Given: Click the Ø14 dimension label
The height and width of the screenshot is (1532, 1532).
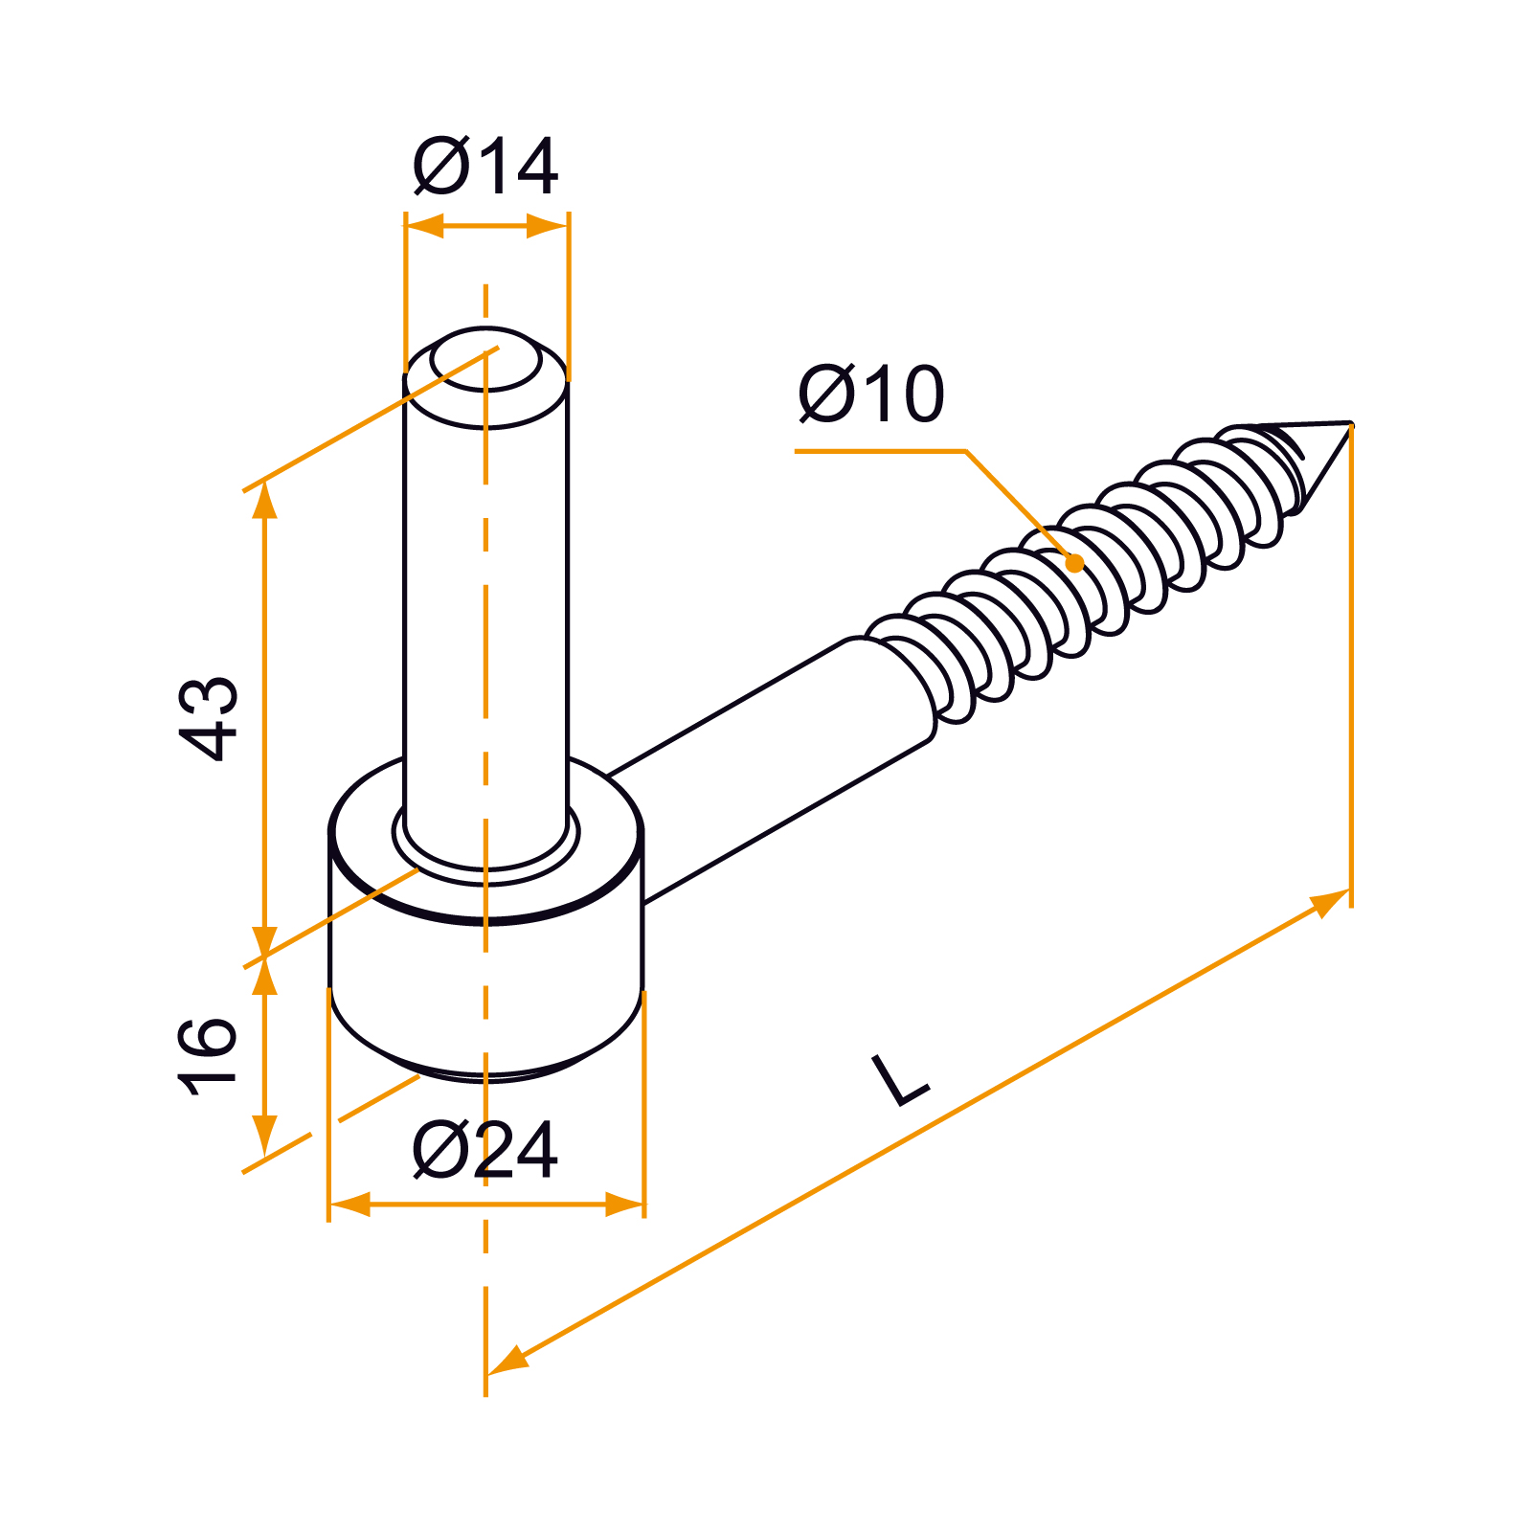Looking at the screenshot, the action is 485,167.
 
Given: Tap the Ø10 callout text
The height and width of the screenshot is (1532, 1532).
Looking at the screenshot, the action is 871,394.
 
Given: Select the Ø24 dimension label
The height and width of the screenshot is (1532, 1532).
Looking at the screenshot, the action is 485,1150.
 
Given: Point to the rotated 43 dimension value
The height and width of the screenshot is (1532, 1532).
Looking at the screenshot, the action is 209,719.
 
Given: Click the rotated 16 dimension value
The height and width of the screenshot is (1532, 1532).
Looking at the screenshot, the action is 208,1056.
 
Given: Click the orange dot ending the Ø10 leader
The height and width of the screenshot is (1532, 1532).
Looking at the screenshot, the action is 1075,563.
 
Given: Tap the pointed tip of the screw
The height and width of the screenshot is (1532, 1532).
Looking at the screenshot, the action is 1351,422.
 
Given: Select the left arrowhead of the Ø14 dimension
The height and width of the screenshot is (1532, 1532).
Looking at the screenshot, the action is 425,227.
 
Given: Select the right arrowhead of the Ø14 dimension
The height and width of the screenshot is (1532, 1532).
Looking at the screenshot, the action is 548,227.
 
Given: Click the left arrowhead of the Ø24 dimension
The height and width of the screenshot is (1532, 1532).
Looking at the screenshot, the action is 349,1205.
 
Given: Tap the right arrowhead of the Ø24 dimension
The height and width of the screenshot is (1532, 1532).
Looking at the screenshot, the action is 624,1205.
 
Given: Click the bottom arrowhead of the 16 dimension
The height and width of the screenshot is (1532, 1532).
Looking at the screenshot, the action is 265,1137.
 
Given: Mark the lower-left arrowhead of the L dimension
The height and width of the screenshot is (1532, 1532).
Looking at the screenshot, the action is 507,1361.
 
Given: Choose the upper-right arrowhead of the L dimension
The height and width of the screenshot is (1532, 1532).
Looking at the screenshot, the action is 1328,902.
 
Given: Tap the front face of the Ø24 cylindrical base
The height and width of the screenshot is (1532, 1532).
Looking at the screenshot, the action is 485,996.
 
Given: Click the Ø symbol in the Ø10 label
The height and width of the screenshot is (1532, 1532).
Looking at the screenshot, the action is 826,394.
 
